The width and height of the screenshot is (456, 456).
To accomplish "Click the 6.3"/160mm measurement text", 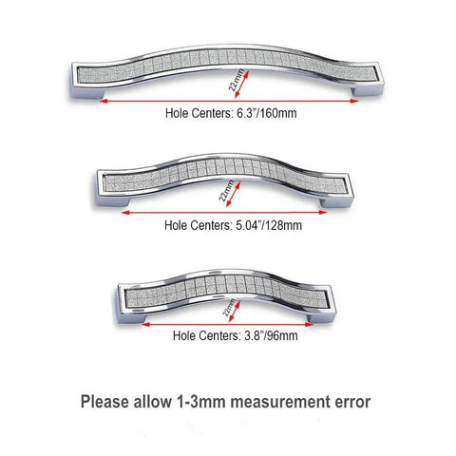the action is point(267,113).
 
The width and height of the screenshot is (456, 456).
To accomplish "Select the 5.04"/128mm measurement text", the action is point(269,225).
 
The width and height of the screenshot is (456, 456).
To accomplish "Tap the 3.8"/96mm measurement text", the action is point(271,335).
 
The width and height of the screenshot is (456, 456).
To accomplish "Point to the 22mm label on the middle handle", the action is point(226,191).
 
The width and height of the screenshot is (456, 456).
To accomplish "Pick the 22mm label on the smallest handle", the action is point(229,307).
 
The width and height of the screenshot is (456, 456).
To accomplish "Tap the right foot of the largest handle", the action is point(367,89).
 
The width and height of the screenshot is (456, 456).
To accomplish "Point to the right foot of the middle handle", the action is point(335,203).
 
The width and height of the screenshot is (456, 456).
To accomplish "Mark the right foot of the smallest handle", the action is point(320,317).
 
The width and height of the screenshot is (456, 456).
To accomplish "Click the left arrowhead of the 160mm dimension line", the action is point(104,101).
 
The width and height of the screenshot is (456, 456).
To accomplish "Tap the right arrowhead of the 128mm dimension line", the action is point(323,212).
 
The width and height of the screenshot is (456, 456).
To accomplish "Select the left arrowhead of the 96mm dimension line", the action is point(145,324).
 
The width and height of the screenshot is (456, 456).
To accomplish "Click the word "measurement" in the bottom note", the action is point(280,402).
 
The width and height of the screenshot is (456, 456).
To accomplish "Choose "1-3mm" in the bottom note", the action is point(200,402).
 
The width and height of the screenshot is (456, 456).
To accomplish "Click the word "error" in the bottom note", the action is point(352,403).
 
